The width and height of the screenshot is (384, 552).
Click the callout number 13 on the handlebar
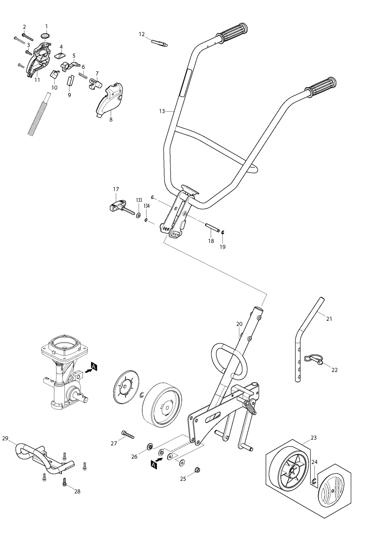(162, 111)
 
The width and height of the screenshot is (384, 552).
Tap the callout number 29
(5, 438)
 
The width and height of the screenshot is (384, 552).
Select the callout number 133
(139, 200)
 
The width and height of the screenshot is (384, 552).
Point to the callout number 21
(329, 319)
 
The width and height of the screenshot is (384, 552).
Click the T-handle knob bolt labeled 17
(117, 207)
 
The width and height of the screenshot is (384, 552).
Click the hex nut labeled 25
(197, 470)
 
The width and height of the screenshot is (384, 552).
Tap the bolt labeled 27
(128, 434)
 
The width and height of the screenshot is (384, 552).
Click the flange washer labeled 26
(150, 446)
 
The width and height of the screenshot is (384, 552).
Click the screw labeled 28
(64, 482)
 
